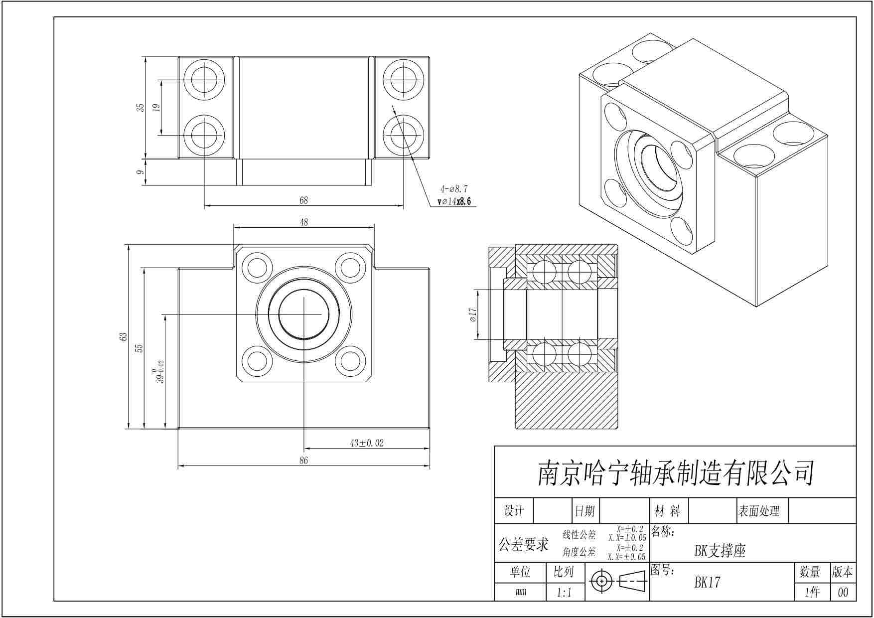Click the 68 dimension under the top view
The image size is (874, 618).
(x=303, y=200)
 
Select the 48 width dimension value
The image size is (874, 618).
(x=304, y=222)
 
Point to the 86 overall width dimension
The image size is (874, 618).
(x=304, y=461)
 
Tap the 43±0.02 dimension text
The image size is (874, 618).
(x=367, y=443)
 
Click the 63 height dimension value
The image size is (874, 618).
(x=124, y=337)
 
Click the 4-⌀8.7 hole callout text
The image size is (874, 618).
(x=453, y=189)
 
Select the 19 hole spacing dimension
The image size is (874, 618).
(x=155, y=107)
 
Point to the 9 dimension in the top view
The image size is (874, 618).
(x=141, y=172)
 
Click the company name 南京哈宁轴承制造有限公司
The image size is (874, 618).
(x=675, y=473)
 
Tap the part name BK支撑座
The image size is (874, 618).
(x=720, y=551)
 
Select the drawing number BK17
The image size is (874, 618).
(x=708, y=582)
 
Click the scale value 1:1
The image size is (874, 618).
(x=564, y=593)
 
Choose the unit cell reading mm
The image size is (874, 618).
(x=521, y=593)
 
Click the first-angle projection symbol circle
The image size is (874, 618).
(x=602, y=581)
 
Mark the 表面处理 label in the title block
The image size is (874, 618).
(x=759, y=511)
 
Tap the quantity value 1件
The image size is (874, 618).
(x=812, y=593)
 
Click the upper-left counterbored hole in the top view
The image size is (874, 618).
(x=204, y=79)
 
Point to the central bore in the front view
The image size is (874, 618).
(x=303, y=314)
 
